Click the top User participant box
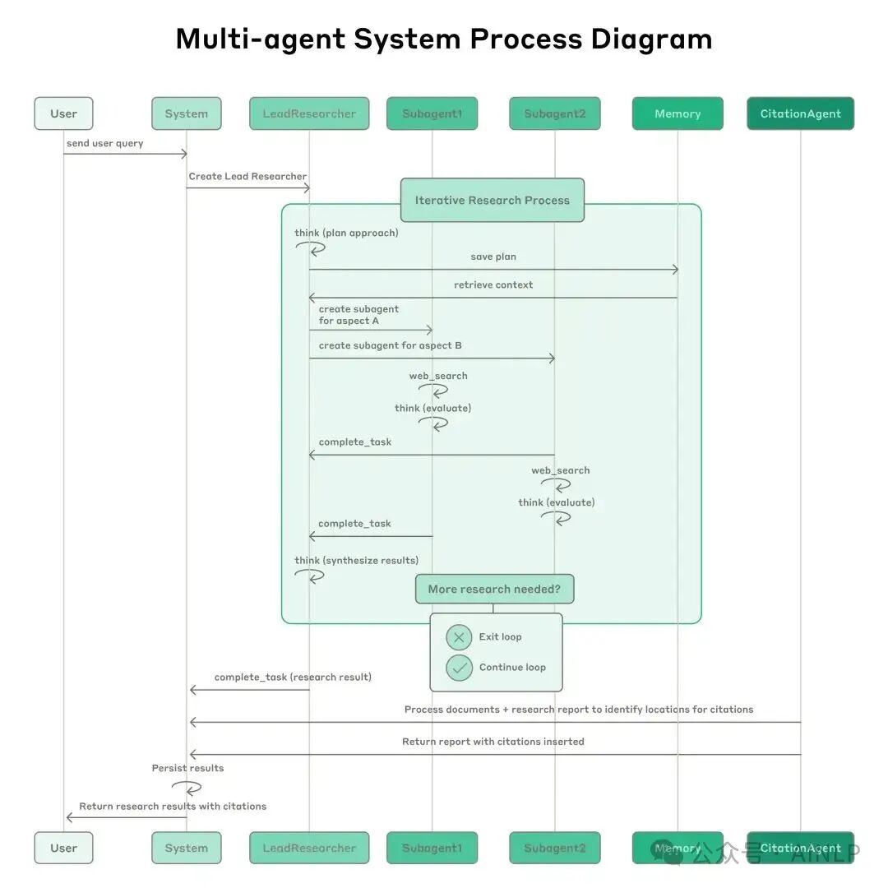tap(63, 113)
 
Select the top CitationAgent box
tap(800, 113)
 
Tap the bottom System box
tap(186, 848)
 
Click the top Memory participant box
tap(678, 113)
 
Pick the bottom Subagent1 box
tap(432, 848)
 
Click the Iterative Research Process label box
tap(492, 200)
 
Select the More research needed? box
tap(493, 589)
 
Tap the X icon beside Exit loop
tap(459, 637)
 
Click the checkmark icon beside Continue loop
tap(459, 668)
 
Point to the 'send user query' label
tap(104, 143)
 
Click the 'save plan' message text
tap(493, 257)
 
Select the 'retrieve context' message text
tap(493, 284)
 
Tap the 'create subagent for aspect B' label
tap(390, 345)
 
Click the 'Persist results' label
tap(187, 768)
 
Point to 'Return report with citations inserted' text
tap(493, 741)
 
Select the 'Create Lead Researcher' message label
tap(247, 176)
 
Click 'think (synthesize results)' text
tap(356, 560)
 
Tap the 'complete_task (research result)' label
tap(293, 677)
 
